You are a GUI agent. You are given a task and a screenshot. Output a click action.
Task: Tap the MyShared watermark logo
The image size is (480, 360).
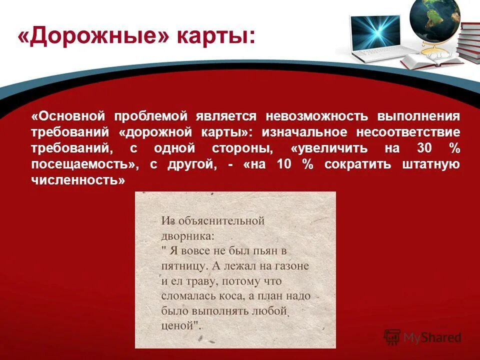(422, 337)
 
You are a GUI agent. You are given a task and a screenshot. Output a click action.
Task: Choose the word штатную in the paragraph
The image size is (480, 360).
(431, 165)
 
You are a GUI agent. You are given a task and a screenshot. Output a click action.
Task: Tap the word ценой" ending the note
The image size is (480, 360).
(181, 326)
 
